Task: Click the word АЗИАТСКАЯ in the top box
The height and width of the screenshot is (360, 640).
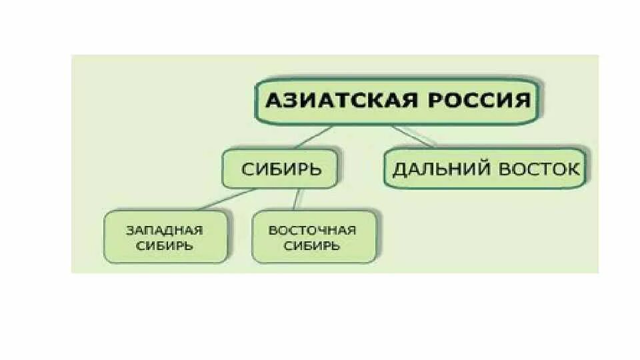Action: (339, 101)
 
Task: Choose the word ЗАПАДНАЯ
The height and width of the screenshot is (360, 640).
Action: (165, 231)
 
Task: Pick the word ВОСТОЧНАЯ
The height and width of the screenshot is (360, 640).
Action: (312, 231)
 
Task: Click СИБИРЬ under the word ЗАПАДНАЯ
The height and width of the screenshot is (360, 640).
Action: (165, 245)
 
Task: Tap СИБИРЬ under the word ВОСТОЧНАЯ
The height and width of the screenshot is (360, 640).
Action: (312, 245)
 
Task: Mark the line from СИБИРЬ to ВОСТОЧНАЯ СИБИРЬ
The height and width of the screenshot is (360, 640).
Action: (298, 200)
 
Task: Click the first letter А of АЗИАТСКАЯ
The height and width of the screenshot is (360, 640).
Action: (272, 101)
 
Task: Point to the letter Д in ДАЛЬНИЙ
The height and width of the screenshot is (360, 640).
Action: (399, 169)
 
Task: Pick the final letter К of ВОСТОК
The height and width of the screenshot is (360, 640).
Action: (573, 169)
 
